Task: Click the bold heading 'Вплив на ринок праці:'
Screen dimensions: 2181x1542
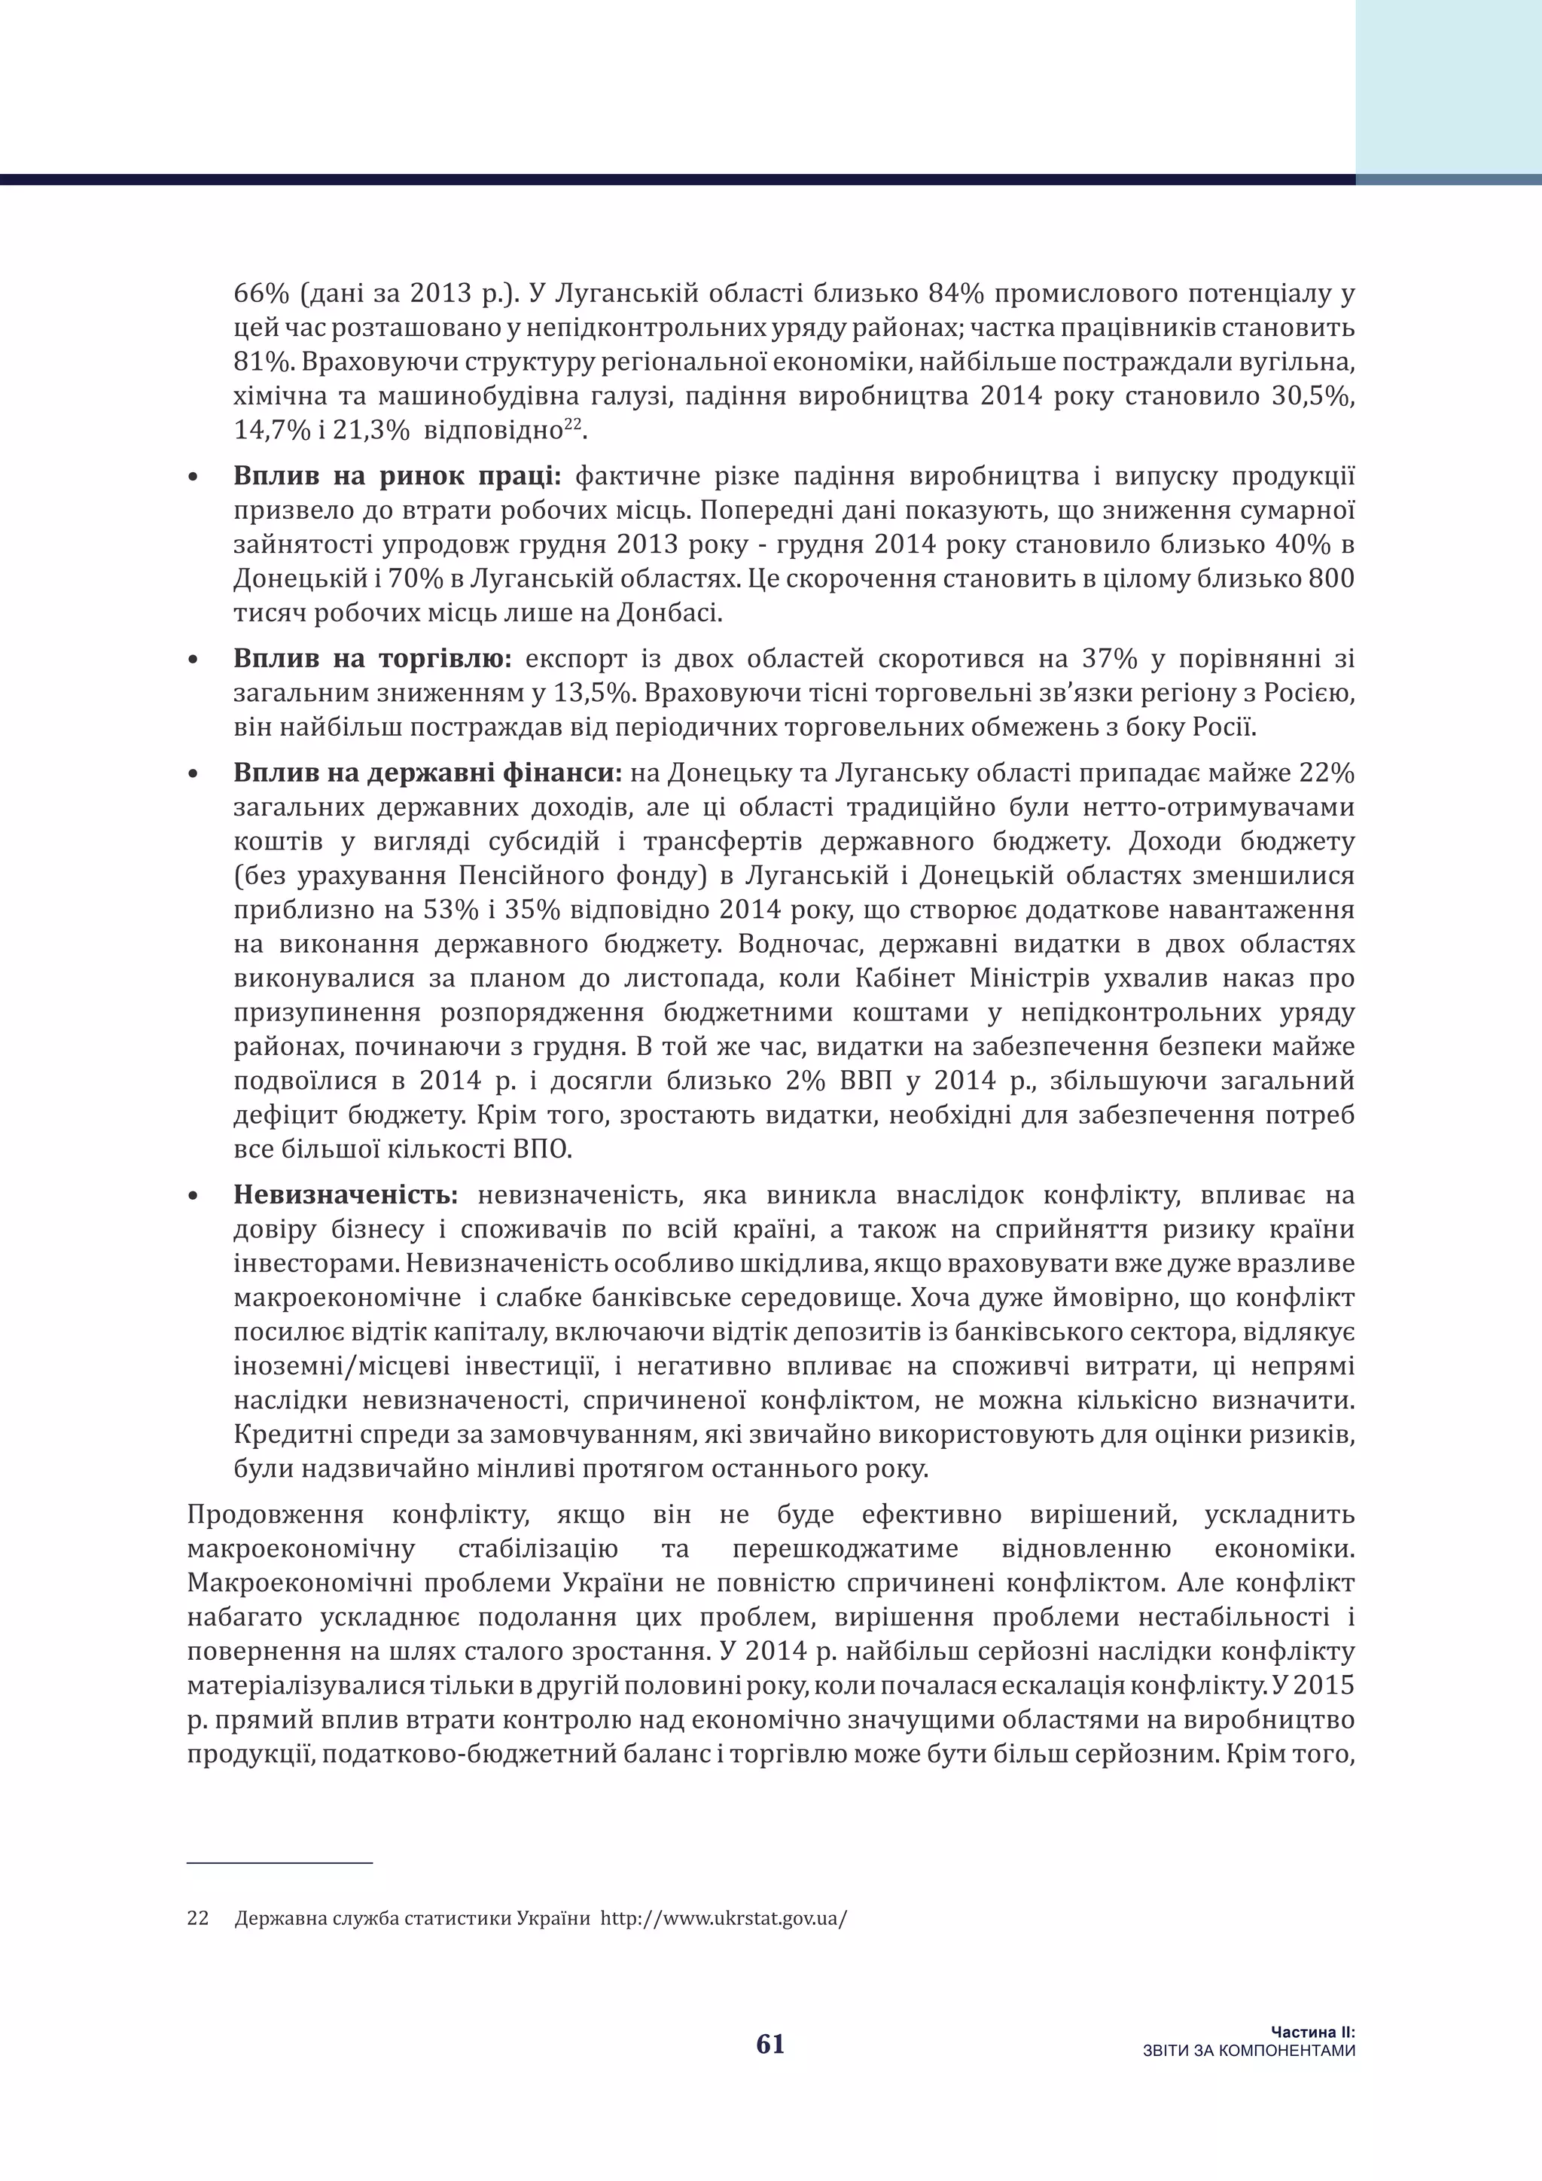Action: pyautogui.click(x=398, y=476)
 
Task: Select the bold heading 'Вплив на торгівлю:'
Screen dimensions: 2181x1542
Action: pyautogui.click(x=372, y=658)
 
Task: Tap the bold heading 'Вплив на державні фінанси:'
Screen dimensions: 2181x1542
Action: pyautogui.click(x=427, y=772)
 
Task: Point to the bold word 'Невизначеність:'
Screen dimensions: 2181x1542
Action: pyautogui.click(x=346, y=1195)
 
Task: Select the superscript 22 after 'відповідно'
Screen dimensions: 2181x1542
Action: pyautogui.click(x=571, y=425)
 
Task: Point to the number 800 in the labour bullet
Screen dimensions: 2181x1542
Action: pyautogui.click(x=1331, y=578)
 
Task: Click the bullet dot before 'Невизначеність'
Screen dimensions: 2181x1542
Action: pyautogui.click(x=195, y=1197)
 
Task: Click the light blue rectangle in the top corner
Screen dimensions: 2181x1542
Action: pyautogui.click(x=1448, y=86)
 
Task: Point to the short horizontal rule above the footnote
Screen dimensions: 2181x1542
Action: pyautogui.click(x=280, y=1862)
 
